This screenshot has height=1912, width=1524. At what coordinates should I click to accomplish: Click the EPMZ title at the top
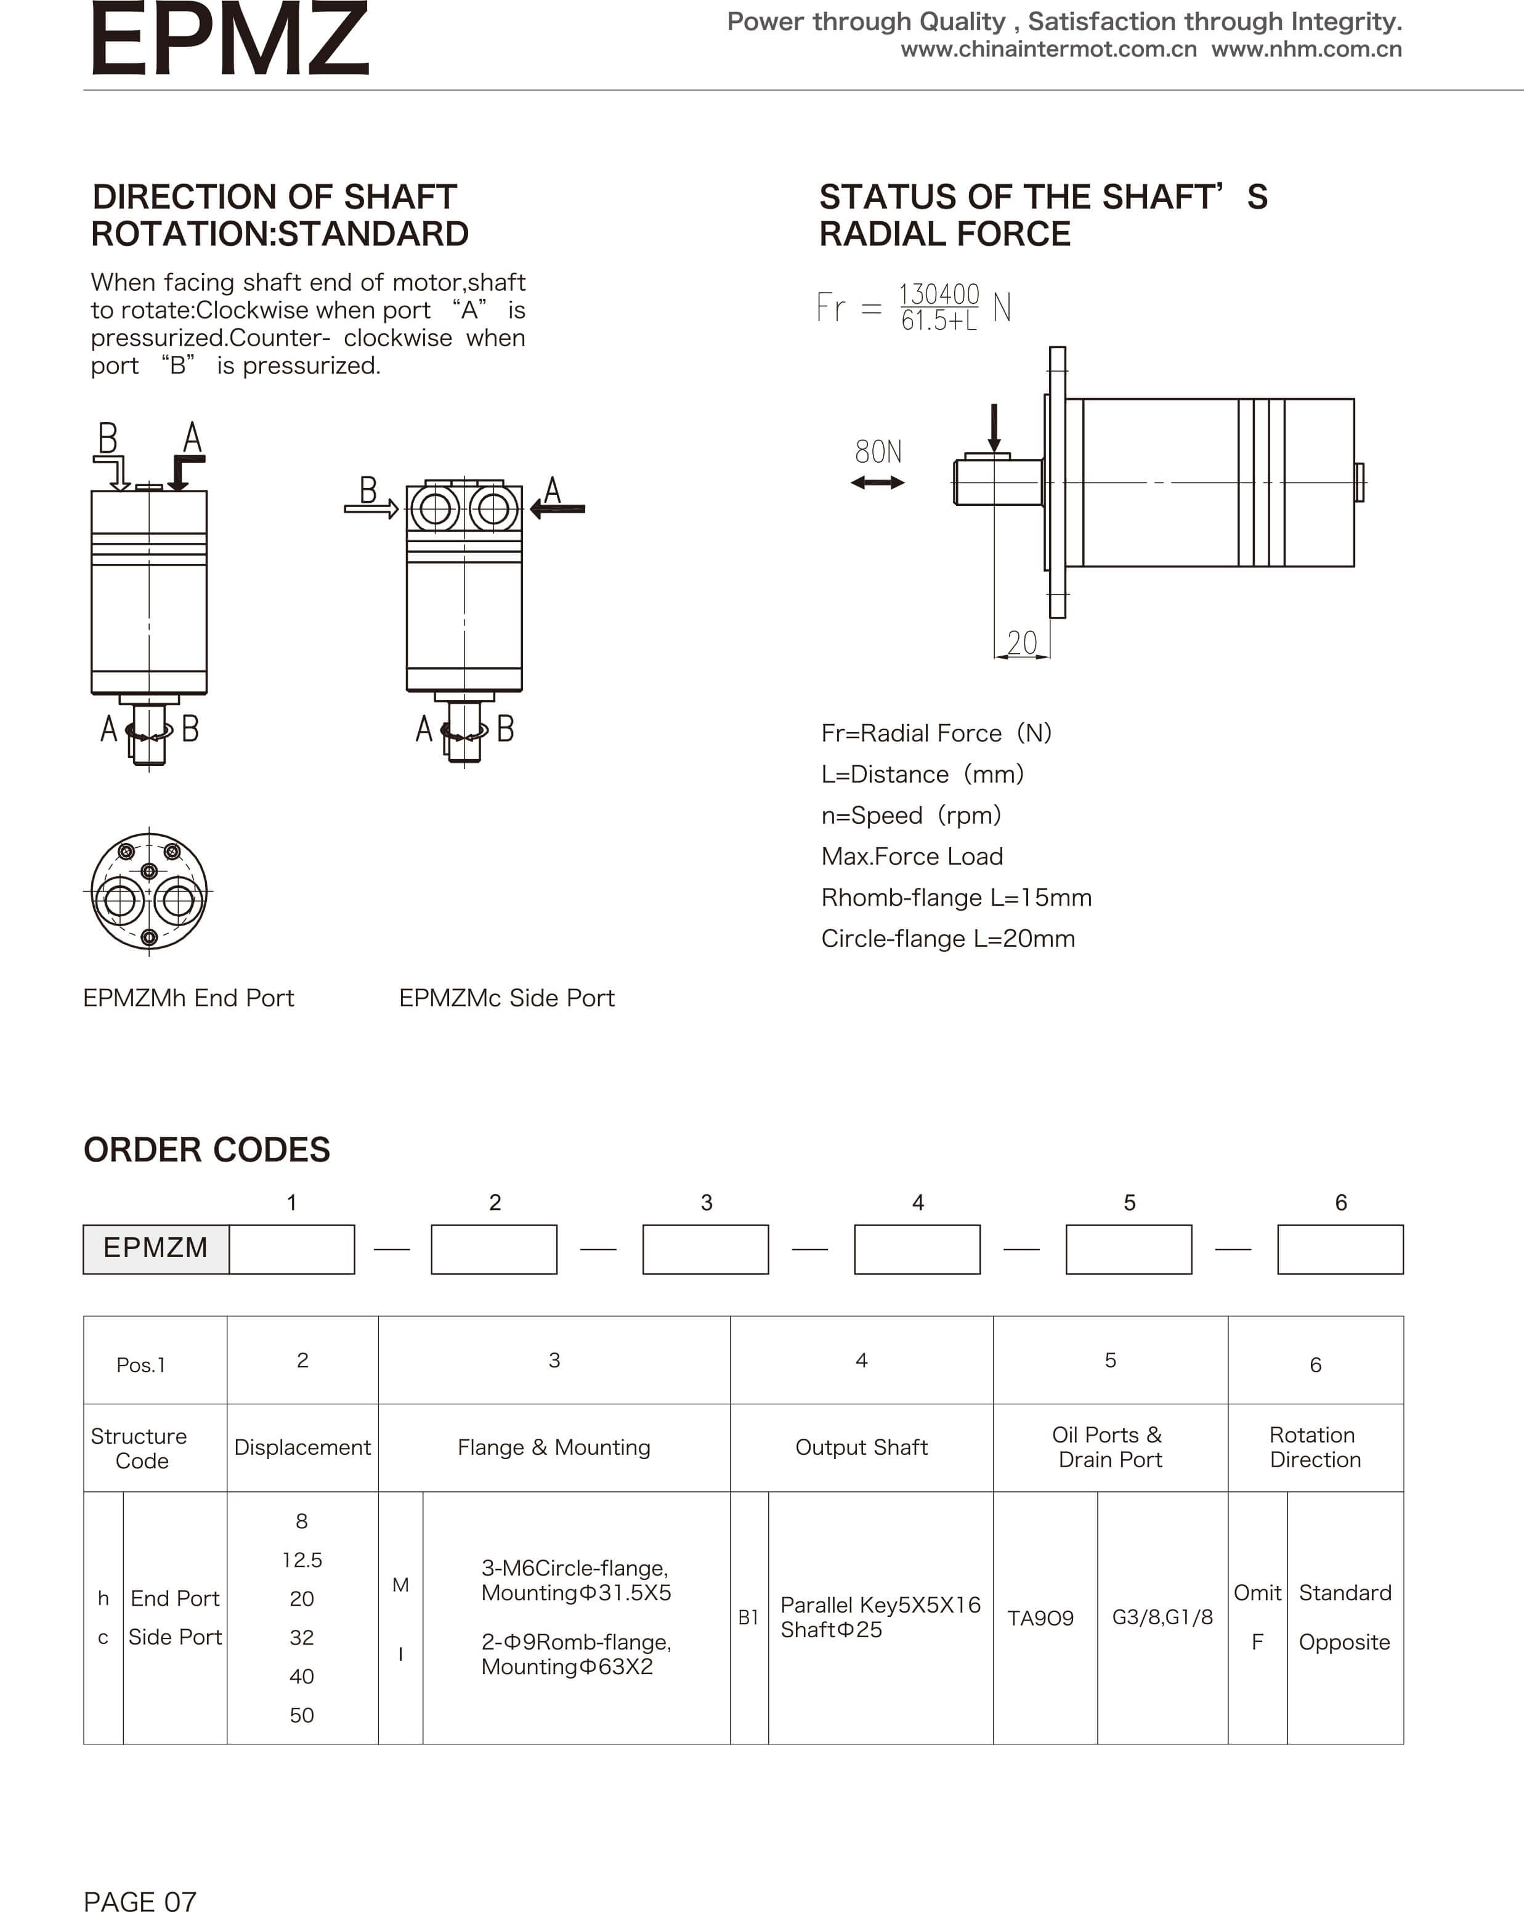coord(229,40)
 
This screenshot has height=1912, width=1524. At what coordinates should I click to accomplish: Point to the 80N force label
coord(878,452)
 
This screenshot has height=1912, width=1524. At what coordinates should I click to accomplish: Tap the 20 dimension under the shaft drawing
coord(1021,643)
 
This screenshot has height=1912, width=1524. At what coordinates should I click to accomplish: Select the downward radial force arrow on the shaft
coord(994,428)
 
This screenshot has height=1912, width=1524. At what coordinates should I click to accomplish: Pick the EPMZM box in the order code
coord(156,1248)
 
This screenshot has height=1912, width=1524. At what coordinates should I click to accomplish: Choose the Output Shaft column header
coord(861,1447)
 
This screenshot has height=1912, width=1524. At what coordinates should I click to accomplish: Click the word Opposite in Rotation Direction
coord(1344,1642)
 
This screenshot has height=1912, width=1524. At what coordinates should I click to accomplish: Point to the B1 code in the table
coord(748,1617)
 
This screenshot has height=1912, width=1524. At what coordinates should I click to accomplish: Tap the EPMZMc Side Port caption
coord(506,999)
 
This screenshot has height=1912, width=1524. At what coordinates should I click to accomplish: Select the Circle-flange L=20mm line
coord(948,938)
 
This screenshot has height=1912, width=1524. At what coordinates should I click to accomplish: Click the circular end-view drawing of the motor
coord(149,891)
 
